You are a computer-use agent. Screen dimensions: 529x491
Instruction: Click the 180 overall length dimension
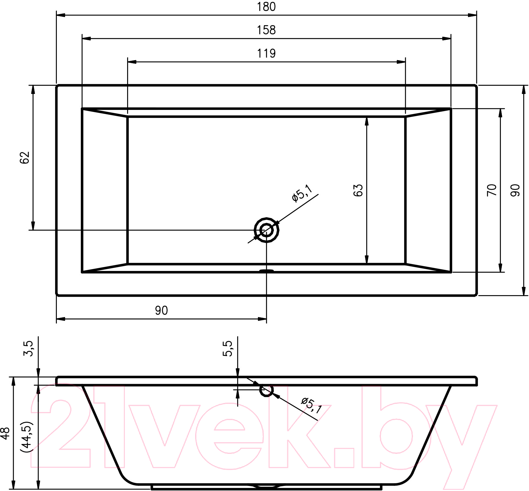pos(266,7)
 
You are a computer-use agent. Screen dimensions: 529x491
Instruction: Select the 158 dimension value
pos(266,30)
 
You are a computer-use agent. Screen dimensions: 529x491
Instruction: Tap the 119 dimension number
pos(266,54)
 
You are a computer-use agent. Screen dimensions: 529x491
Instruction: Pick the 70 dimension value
pos(492,190)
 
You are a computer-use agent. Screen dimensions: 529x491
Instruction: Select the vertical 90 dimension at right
pos(515,190)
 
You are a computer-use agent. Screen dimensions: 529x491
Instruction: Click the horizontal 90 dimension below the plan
pos(161,311)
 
